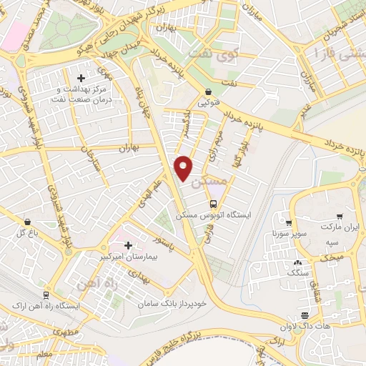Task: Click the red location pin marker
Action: pyautogui.click(x=184, y=167)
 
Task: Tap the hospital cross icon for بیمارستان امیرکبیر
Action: pyautogui.click(x=128, y=245)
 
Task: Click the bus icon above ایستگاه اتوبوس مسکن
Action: pyautogui.click(x=212, y=204)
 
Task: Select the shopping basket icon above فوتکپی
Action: pyautogui.click(x=208, y=92)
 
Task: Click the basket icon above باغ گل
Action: pyautogui.click(x=26, y=222)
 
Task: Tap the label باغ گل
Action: pyautogui.click(x=26, y=233)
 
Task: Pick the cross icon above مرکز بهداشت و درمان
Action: pyautogui.click(x=81, y=77)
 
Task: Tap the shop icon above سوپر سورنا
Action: pyautogui.click(x=288, y=223)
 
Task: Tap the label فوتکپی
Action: pyautogui.click(x=209, y=102)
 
